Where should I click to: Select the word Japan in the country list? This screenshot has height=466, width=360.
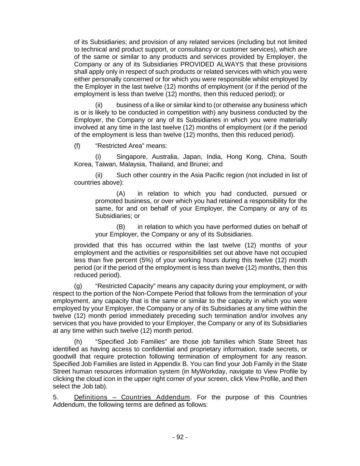[192, 157]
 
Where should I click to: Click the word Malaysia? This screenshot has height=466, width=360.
[133, 164]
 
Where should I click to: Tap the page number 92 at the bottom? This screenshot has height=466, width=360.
[180, 437]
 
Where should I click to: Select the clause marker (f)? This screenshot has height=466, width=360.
[77, 146]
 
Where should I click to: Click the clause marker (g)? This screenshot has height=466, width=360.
[77, 286]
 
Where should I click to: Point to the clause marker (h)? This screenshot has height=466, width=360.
[78, 342]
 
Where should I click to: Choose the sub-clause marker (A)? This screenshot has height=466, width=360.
[121, 194]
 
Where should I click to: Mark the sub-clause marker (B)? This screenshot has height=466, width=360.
[121, 227]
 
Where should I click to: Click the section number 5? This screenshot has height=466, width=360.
[55, 397]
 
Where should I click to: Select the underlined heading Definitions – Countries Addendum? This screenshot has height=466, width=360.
[132, 397]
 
